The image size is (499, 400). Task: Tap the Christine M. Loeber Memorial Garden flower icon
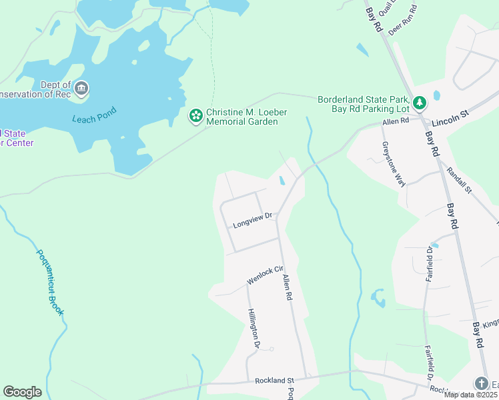tap(196, 117)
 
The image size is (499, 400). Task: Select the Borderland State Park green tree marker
tap(420, 103)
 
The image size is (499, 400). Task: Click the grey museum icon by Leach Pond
tap(81, 88)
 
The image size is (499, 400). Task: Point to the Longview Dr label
tap(252, 220)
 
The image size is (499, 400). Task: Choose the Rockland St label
tap(274, 381)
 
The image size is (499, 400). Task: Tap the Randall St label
tap(459, 180)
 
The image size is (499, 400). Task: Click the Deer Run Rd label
tap(404, 20)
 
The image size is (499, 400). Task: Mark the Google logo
tap(22, 392)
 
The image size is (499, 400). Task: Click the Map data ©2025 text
tap(471, 395)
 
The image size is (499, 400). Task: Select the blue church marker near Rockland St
tap(481, 383)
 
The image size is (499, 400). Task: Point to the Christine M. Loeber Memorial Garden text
tap(246, 117)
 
